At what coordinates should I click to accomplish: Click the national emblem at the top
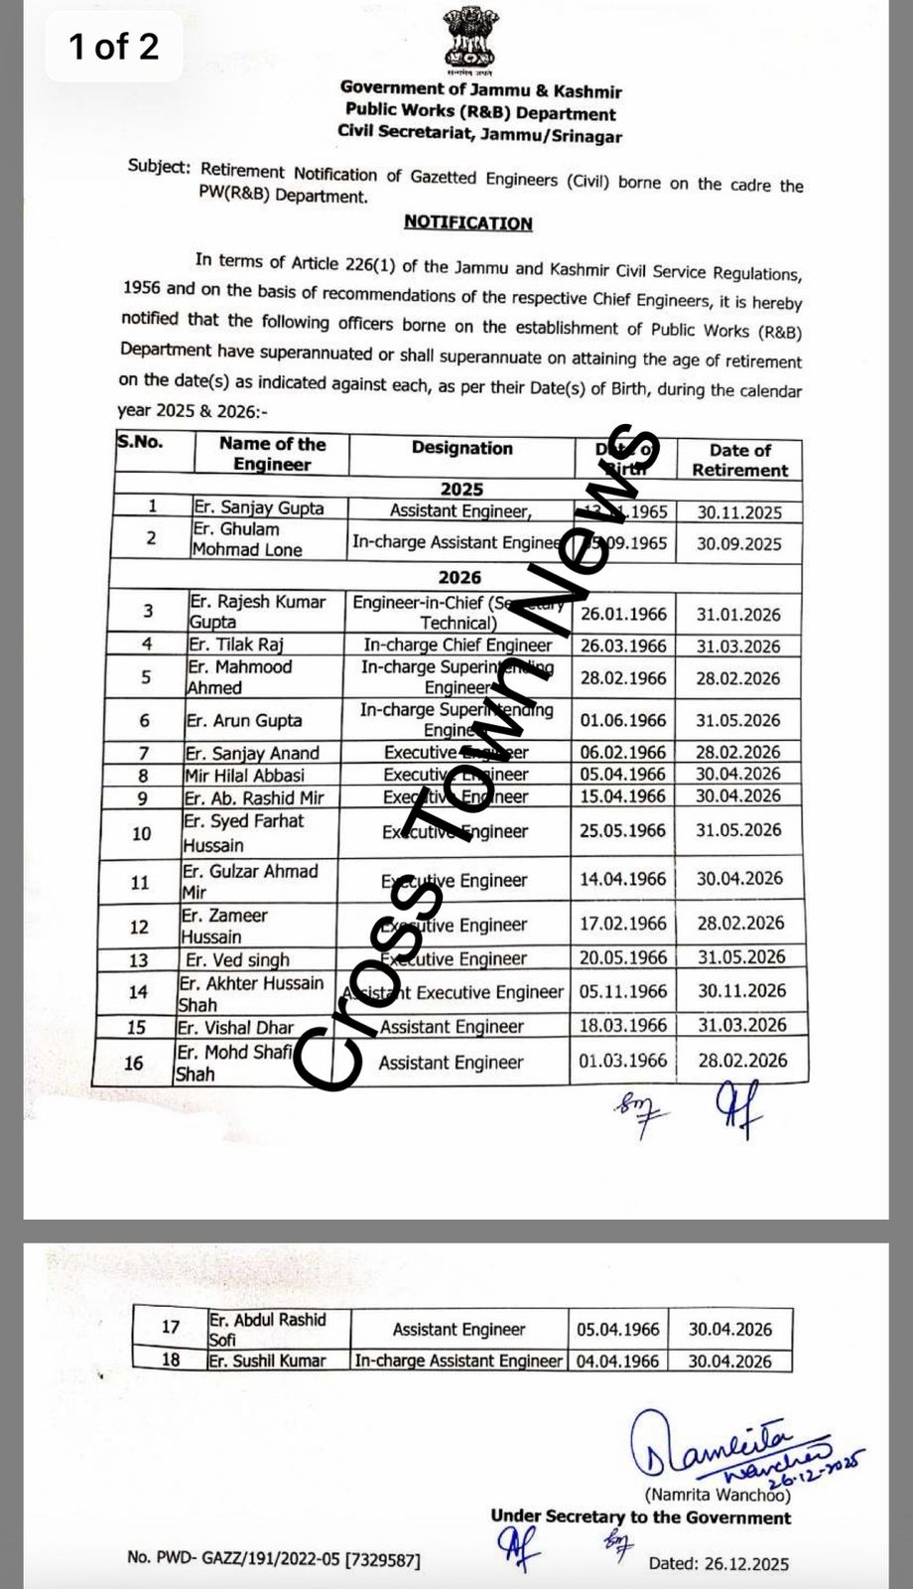click(472, 40)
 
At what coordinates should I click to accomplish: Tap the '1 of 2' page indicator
click(113, 47)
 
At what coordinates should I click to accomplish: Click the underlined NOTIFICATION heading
click(467, 222)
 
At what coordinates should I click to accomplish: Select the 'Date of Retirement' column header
click(739, 460)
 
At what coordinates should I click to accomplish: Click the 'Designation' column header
click(461, 448)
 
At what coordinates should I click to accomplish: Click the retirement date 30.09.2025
click(738, 543)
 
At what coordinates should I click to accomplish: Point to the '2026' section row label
click(459, 577)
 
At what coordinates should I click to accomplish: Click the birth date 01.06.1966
click(623, 720)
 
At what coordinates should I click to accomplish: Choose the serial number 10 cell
click(141, 833)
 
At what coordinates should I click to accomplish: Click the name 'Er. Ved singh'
click(237, 959)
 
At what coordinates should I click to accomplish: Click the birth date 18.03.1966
click(623, 1025)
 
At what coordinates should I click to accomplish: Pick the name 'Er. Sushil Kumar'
click(267, 1361)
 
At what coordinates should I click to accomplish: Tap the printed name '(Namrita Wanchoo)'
click(717, 1494)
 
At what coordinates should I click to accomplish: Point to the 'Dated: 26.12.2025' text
click(718, 1563)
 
